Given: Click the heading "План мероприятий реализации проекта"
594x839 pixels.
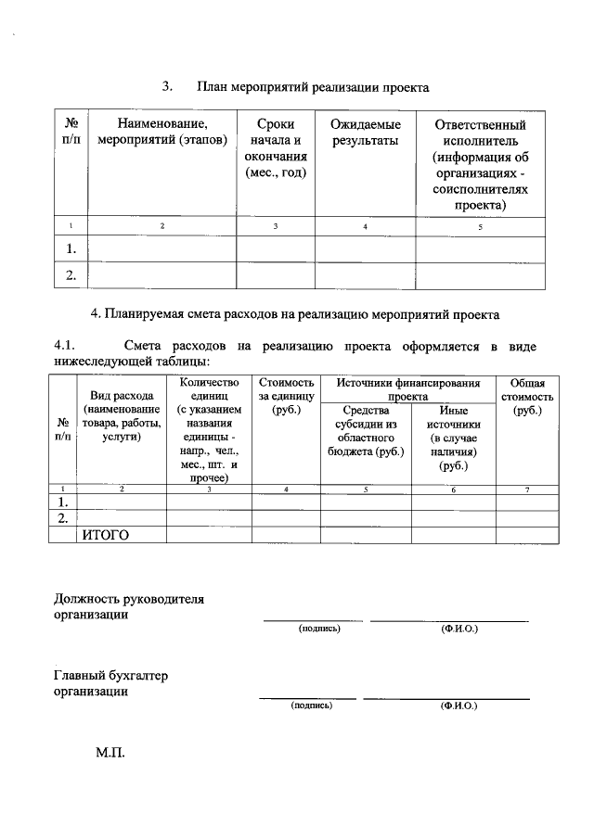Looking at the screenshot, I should pos(312,87).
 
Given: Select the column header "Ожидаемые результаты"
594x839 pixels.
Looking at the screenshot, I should pos(365,133).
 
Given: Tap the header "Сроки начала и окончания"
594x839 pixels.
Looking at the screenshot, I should pos(276,148).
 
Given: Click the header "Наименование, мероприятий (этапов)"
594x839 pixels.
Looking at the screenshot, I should pos(162,133).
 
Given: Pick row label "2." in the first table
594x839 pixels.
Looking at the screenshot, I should pos(71,274).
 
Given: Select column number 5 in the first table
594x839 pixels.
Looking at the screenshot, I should pos(480,227).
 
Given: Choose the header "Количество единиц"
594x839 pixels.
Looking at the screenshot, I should pos(209,389).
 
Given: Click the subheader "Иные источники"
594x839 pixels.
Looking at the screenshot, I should pos(453,417).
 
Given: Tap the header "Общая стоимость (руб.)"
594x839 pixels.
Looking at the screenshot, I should pos(527,396).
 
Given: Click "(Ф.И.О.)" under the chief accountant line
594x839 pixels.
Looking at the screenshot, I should pos(458,705).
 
